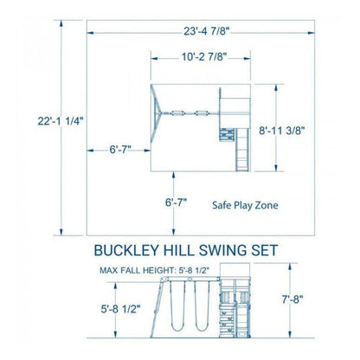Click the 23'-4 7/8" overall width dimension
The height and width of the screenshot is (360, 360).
pyautogui.click(x=207, y=31)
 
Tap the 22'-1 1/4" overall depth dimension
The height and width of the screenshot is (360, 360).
pyautogui.click(x=61, y=121)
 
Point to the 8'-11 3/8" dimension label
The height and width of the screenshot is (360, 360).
pyautogui.click(x=282, y=131)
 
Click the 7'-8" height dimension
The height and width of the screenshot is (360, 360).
pyautogui.click(x=292, y=299)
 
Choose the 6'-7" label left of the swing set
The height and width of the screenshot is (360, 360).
pyautogui.click(x=120, y=150)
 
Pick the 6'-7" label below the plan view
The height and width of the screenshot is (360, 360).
pyautogui.click(x=176, y=202)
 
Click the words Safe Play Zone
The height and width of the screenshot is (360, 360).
pyautogui.click(x=245, y=205)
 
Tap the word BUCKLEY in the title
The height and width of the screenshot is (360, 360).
pyautogui.click(x=127, y=250)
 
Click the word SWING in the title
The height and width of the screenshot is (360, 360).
pyautogui.click(x=223, y=250)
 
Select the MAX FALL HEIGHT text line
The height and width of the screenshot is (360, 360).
pyautogui.click(x=155, y=270)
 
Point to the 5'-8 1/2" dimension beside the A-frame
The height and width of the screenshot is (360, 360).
pyautogui.click(x=120, y=309)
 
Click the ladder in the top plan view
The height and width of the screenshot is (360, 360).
pyautogui.click(x=242, y=150)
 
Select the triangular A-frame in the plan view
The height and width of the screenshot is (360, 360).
pyautogui.click(x=157, y=113)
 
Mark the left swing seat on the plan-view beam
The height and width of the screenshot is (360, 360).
pyautogui.click(x=177, y=113)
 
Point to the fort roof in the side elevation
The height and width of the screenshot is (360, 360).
pyautogui.click(x=235, y=270)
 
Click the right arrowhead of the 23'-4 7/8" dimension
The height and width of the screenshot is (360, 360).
pyautogui.click(x=312, y=33)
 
